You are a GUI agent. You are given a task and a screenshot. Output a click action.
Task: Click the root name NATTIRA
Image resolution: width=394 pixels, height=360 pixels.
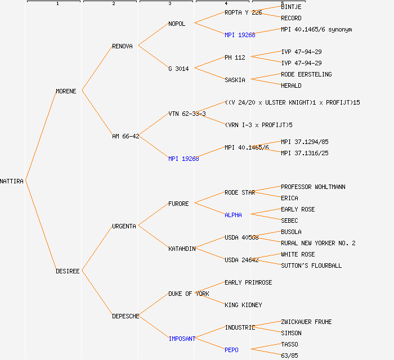click(x=12, y=181)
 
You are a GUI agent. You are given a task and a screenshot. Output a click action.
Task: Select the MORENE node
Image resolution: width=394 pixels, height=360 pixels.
click(x=66, y=91)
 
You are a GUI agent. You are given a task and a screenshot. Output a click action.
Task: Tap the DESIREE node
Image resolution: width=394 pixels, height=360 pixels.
click(x=68, y=271)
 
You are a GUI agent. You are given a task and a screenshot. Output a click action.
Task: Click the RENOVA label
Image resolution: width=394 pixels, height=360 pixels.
click(x=122, y=46)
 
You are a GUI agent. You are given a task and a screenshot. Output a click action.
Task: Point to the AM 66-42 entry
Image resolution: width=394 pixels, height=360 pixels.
click(x=126, y=136)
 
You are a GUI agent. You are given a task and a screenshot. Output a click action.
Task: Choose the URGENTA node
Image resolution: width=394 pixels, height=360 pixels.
click(x=124, y=226)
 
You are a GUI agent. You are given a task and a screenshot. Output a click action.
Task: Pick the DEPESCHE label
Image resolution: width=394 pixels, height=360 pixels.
click(x=126, y=316)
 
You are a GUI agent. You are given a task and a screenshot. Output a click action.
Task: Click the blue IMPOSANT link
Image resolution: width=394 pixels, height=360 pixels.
click(x=182, y=339)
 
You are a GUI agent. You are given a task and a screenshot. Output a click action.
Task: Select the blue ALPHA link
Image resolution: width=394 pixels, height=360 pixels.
click(x=233, y=215)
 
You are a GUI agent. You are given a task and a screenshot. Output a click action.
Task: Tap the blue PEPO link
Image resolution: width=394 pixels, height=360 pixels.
click(x=231, y=350)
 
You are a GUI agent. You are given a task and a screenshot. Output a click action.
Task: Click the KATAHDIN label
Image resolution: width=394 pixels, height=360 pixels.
click(x=182, y=249)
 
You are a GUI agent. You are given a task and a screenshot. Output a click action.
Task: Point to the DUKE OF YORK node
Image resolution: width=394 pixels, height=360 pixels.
click(x=189, y=294)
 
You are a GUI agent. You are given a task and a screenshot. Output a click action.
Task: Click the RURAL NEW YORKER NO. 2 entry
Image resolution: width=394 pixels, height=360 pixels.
click(x=318, y=243)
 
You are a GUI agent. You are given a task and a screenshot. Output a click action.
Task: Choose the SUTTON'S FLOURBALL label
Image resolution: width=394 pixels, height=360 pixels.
click(x=311, y=265)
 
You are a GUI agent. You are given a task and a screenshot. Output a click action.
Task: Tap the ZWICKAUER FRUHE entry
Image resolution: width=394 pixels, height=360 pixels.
click(x=306, y=322)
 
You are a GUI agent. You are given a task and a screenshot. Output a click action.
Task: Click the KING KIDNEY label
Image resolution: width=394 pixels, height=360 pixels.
click(x=243, y=305)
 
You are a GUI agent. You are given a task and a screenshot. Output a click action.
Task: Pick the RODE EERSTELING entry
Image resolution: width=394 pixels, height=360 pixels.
click(x=306, y=74)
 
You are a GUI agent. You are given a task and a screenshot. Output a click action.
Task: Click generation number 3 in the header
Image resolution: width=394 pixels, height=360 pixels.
click(x=169, y=4)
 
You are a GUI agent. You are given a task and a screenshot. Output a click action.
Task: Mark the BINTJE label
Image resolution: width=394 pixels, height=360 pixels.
click(x=291, y=7)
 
